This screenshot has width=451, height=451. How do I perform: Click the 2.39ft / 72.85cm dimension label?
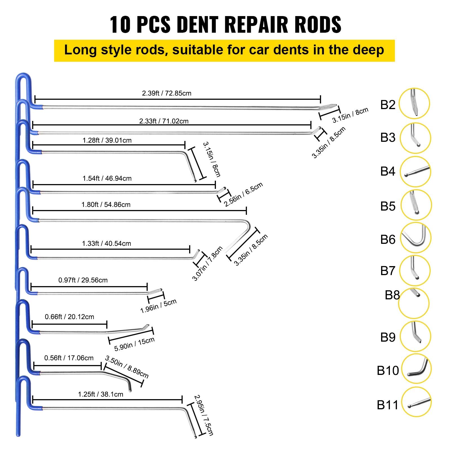coord(167,93)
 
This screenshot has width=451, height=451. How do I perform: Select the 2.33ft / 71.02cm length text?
coord(164,121)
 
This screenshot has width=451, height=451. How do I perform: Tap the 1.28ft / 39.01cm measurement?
coord(107,140)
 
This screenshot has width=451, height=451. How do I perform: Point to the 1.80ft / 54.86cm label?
coord(106,205)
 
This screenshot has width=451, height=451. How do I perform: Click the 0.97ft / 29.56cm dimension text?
coord(83,280)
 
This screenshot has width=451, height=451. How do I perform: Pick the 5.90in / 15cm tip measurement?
coord(134,344)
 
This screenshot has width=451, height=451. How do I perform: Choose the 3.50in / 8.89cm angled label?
coord(127,367)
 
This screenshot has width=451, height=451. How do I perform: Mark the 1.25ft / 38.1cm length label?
coord(101,394)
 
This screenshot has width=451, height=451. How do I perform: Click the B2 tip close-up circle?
coord(415,103)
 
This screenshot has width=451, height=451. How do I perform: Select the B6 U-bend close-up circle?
coord(415,237)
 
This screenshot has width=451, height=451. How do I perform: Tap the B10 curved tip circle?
coord(416,369)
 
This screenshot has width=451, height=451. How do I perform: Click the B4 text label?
coord(388,171)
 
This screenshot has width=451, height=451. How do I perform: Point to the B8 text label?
coord(392,295)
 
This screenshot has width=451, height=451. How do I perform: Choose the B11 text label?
coord(388,405)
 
